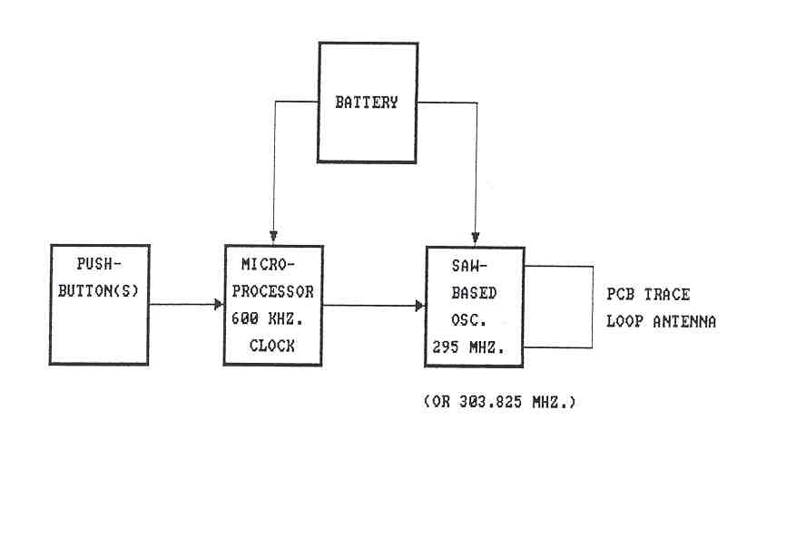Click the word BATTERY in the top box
pos(367,103)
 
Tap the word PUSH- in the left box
pos(99,266)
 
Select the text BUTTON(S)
pos(98,292)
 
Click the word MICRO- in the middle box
pos(270,266)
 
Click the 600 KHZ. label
pos(270,318)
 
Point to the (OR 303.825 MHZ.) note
pos(500,401)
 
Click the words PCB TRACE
pos(648,294)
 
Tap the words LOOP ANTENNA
pos(661,320)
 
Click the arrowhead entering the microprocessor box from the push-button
pos(219,305)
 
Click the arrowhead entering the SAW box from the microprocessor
pos(420,306)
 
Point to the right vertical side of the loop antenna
pos(593,307)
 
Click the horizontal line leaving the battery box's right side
pos(447,102)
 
